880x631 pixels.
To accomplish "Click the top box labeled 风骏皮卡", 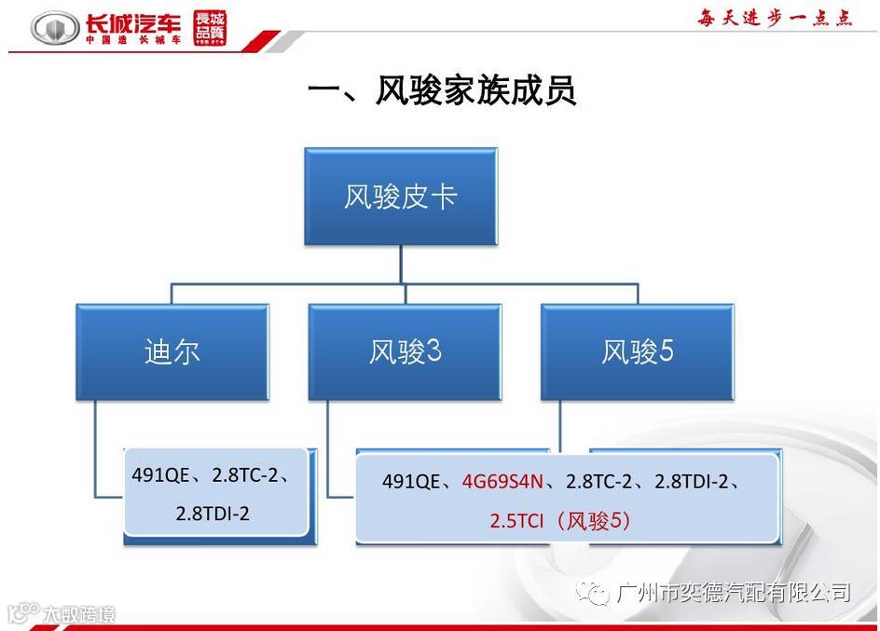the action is pyautogui.click(x=401, y=197).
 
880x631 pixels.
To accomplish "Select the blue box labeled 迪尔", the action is pyautogui.click(x=172, y=351).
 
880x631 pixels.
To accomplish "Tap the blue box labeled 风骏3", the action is pyautogui.click(x=405, y=351).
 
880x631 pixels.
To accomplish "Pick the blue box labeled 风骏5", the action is pyautogui.click(x=638, y=351).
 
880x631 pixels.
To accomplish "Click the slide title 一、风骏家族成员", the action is pyautogui.click(x=441, y=91).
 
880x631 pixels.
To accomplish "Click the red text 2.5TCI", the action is pyautogui.click(x=519, y=521).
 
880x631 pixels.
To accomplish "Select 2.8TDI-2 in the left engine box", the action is pyautogui.click(x=213, y=513).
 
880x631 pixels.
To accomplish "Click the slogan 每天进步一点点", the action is pyautogui.click(x=776, y=19).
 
